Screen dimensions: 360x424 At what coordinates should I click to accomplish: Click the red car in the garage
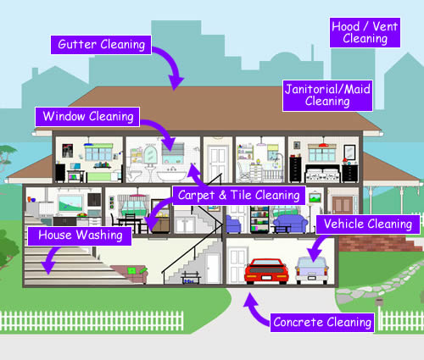[x=267, y=271]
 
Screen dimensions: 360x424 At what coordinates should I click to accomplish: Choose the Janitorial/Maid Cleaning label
[x=327, y=94]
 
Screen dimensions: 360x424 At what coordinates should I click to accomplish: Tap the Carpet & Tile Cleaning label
[x=238, y=195]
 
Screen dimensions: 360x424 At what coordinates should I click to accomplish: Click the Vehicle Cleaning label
[x=368, y=224]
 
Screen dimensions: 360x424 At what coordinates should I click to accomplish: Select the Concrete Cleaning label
[x=322, y=322]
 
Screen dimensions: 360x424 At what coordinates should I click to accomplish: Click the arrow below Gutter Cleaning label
[x=173, y=71]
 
